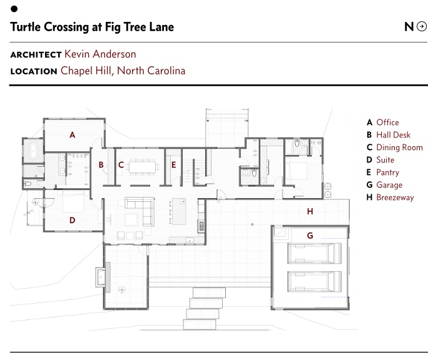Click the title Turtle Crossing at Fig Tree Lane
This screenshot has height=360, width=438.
click(92, 27)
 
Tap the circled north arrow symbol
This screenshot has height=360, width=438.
click(422, 26)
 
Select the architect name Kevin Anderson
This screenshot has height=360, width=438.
click(100, 54)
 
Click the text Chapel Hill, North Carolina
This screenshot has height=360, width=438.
click(123, 71)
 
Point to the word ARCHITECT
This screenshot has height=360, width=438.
click(36, 55)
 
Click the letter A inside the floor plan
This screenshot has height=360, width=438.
click(73, 134)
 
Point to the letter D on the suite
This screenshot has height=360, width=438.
click(73, 219)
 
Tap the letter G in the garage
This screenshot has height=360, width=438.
click(309, 236)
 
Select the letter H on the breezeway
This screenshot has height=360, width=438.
click(309, 212)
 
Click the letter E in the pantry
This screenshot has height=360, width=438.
click(174, 165)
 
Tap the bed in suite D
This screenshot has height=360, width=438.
click(71, 202)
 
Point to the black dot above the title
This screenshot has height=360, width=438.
click(14, 9)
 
